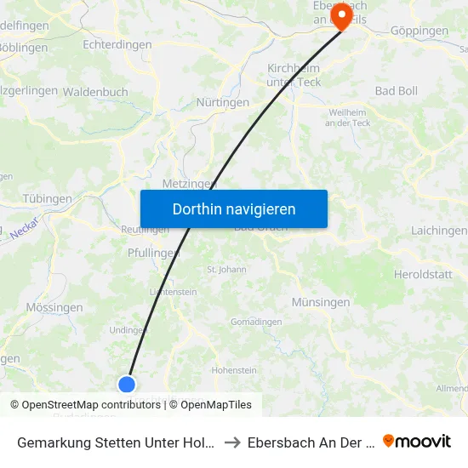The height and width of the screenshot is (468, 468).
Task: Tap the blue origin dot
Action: (127, 384)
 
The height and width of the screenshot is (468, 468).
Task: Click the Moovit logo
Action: (417, 441)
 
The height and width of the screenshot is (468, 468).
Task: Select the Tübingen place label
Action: (47, 198)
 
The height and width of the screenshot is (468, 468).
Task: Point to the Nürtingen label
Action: (223, 102)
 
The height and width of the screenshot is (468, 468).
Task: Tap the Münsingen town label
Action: (321, 302)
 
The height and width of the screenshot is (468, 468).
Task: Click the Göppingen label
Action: (419, 31)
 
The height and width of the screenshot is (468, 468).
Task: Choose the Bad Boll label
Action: (397, 90)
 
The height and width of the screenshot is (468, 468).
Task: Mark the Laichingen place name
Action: (438, 231)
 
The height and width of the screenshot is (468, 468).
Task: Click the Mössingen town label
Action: (54, 307)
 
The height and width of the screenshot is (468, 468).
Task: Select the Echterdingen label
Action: (117, 44)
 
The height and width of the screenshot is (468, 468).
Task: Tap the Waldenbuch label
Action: (95, 92)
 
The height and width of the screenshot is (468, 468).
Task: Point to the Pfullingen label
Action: (153, 253)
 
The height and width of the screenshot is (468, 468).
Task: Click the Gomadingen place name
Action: (256, 322)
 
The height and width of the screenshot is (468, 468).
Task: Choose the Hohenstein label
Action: (234, 370)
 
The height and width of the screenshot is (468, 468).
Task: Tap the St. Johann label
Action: (226, 270)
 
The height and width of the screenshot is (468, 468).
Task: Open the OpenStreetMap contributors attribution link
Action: (91, 405)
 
